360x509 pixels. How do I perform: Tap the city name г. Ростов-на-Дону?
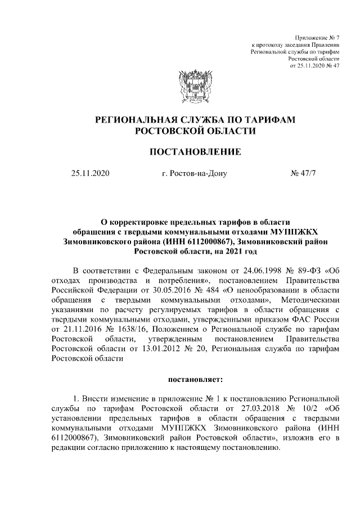pos(193,173)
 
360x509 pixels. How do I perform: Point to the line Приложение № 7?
pos(318,36)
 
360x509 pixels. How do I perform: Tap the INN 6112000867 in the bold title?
pos(182,241)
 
